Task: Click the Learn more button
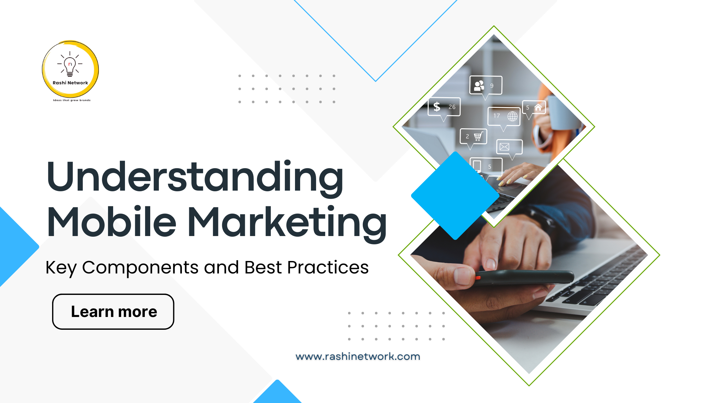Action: [x=113, y=312]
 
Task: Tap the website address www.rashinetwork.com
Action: [x=358, y=356]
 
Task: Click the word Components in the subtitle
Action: [x=140, y=267]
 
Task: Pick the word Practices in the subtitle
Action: [x=328, y=267]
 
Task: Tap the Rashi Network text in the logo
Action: [x=70, y=83]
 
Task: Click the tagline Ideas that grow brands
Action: [x=72, y=100]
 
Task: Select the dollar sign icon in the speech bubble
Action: [x=437, y=107]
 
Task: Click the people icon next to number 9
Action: [x=479, y=86]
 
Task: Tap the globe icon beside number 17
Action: [x=512, y=116]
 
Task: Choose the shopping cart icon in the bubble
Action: [x=478, y=137]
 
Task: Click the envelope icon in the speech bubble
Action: [x=504, y=147]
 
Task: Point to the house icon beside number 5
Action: [x=538, y=107]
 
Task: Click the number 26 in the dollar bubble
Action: [x=452, y=107]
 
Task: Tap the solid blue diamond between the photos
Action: [x=455, y=195]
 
